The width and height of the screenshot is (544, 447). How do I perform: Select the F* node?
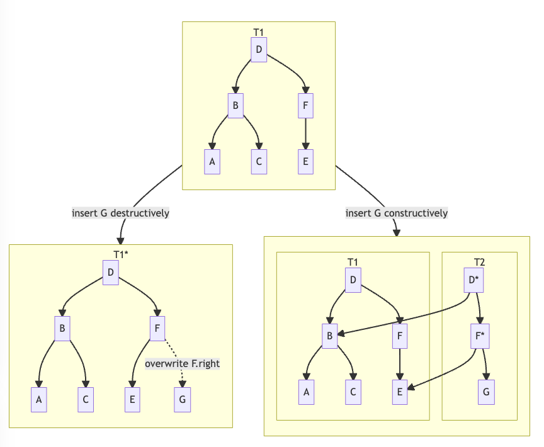pyautogui.click(x=479, y=336)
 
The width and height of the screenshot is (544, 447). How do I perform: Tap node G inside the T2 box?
pyautogui.click(x=486, y=392)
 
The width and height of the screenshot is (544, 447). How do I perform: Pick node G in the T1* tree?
pyautogui.click(x=182, y=399)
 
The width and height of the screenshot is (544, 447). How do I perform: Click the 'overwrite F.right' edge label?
pyautogui.click(x=183, y=363)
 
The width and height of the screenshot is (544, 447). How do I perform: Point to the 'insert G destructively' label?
pyautogui.click(x=120, y=213)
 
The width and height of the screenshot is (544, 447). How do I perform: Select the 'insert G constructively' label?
pyautogui.click(x=397, y=213)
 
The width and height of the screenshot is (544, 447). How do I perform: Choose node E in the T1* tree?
pyautogui.click(x=132, y=399)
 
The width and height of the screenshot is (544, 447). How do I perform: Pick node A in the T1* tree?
pyautogui.click(x=39, y=399)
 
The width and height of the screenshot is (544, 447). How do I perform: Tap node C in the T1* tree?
pyautogui.click(x=86, y=399)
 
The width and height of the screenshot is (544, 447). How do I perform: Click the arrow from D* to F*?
pyautogui.click(x=479, y=308)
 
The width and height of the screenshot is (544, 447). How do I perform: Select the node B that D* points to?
pyautogui.click(x=329, y=336)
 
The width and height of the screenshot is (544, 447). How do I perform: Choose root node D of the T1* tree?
pyautogui.click(x=111, y=272)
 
